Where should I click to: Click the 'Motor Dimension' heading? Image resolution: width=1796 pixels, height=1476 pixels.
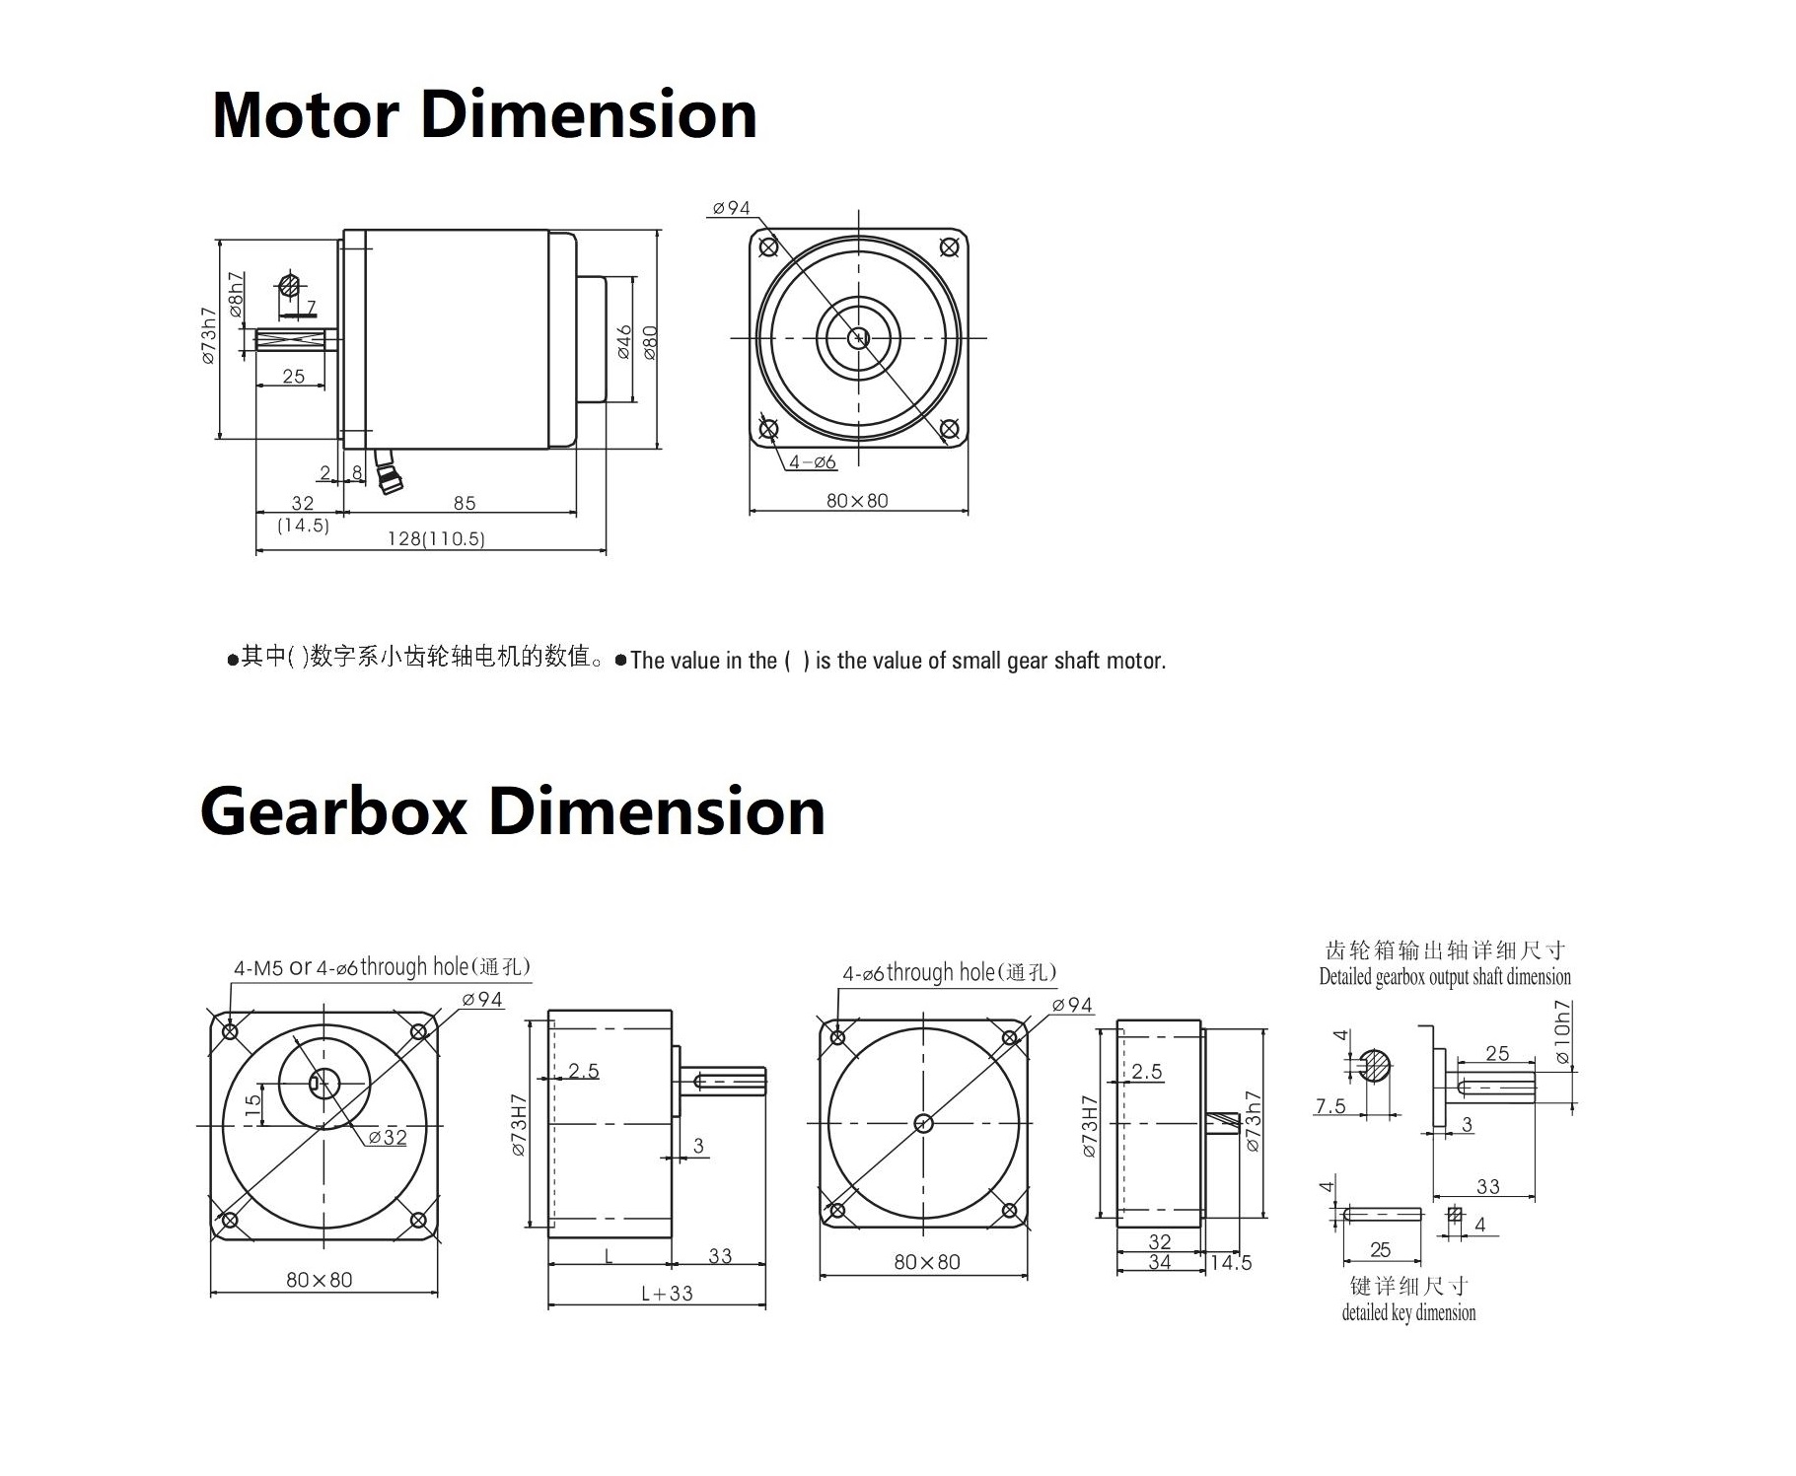coord(484,115)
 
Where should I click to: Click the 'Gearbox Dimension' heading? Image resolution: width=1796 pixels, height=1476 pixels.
coord(512,811)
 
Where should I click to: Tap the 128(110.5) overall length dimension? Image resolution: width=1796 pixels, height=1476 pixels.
coord(436,539)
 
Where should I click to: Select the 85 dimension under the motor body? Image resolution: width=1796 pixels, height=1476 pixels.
coord(465,503)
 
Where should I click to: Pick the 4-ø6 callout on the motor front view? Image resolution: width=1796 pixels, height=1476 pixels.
coord(812,462)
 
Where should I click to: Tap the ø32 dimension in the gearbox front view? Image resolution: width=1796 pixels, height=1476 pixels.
coord(388,1137)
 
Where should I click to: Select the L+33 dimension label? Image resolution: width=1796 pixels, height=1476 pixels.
coord(667,1293)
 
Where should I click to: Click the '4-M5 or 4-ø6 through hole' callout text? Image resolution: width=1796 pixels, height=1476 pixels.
coord(381,967)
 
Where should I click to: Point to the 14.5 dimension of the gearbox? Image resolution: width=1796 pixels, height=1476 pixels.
coord(1230,1262)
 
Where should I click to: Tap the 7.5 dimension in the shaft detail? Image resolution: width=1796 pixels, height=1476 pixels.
coord(1329,1105)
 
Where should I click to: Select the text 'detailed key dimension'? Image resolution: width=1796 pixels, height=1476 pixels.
coord(1408,1312)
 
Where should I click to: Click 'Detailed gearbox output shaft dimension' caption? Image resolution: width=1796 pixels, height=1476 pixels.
coord(1444,977)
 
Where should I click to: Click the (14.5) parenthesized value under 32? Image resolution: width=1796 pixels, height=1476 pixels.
coord(303,526)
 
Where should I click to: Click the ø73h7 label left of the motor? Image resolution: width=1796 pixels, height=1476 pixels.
coord(208,335)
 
